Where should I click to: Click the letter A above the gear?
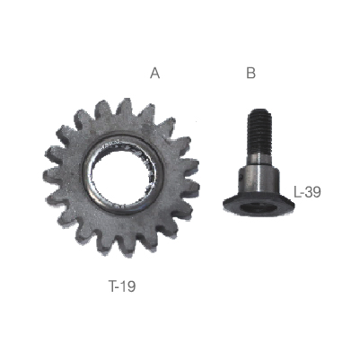click(154, 73)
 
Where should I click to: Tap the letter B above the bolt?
click(250, 73)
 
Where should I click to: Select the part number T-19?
click(122, 286)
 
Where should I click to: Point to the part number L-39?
click(307, 192)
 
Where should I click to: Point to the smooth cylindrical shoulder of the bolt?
click(259, 180)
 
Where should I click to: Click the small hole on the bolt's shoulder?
click(241, 179)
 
